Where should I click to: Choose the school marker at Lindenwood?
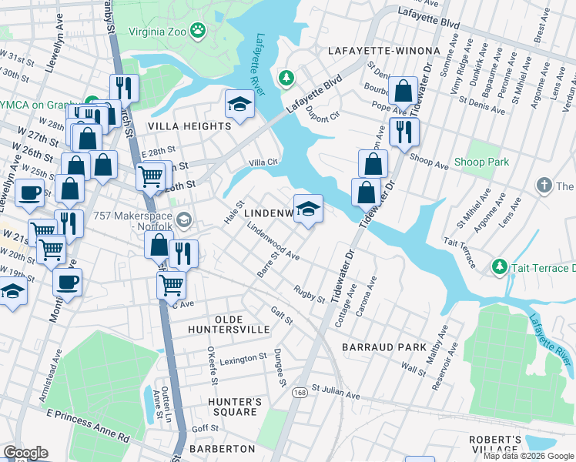click(x=308, y=209)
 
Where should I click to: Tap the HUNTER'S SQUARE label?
click(x=235, y=407)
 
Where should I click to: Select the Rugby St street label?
click(x=309, y=293)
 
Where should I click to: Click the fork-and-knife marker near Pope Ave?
click(x=404, y=132)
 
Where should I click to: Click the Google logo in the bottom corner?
click(x=25, y=453)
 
